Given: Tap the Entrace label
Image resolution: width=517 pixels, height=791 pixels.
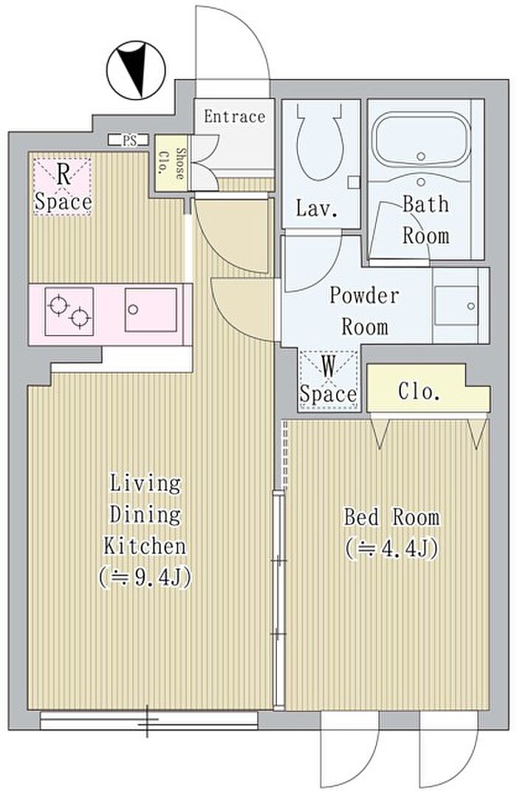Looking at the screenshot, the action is [235, 117].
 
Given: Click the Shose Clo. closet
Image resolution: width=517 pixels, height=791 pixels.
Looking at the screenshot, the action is [171, 163].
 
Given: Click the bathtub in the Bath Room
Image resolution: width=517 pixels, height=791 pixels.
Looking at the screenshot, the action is [421, 140].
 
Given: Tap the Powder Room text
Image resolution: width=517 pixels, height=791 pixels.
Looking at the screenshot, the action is [364, 311].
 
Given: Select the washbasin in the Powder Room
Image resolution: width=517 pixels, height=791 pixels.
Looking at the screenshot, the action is [456, 306].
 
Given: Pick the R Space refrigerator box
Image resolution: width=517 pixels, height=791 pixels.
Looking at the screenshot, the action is [63, 187].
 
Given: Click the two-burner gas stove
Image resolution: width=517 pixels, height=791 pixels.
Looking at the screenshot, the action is [69, 311].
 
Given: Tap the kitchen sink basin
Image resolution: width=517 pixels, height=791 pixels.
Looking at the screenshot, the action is [151, 309].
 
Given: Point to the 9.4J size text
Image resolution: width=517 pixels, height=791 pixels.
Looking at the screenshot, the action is [145, 578].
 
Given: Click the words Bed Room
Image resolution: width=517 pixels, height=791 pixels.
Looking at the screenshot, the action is [391, 517].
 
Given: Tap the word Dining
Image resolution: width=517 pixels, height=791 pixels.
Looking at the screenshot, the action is [145, 515].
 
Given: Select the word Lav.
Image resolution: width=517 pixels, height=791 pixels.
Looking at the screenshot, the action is [316, 208].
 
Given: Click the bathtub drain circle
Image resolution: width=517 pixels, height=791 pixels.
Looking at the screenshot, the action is [421, 157].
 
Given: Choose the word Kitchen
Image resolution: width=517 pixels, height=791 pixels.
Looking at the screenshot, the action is [145, 547].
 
